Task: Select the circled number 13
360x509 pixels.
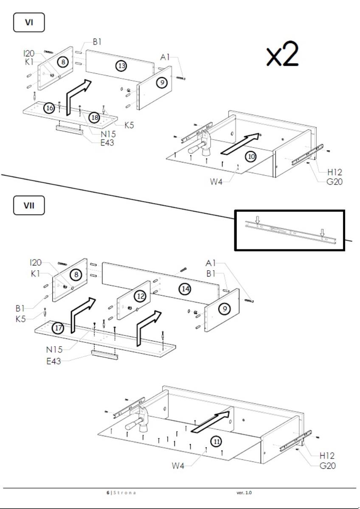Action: [x=122, y=66]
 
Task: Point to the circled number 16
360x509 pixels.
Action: [x=50, y=108]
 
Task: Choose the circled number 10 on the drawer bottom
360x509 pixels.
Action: [x=252, y=157]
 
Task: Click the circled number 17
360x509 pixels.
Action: [x=58, y=328]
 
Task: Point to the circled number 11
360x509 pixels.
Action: [x=217, y=442]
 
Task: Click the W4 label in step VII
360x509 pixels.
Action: [x=179, y=466]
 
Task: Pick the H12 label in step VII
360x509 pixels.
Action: [x=327, y=456]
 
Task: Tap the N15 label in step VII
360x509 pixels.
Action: [x=55, y=350]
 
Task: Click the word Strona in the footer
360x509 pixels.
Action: [x=124, y=492]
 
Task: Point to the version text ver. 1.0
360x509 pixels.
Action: [x=244, y=492]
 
